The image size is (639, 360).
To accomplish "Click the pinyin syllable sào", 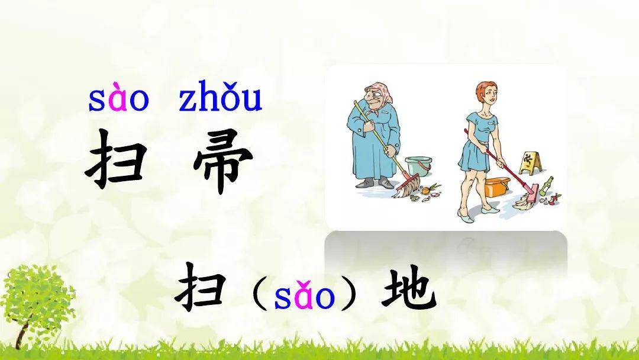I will coord(118,101).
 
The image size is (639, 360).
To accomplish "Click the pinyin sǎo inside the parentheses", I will coord(304,295).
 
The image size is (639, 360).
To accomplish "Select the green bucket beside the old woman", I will coord(418,170).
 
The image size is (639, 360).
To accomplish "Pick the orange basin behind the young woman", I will coord(496,187).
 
